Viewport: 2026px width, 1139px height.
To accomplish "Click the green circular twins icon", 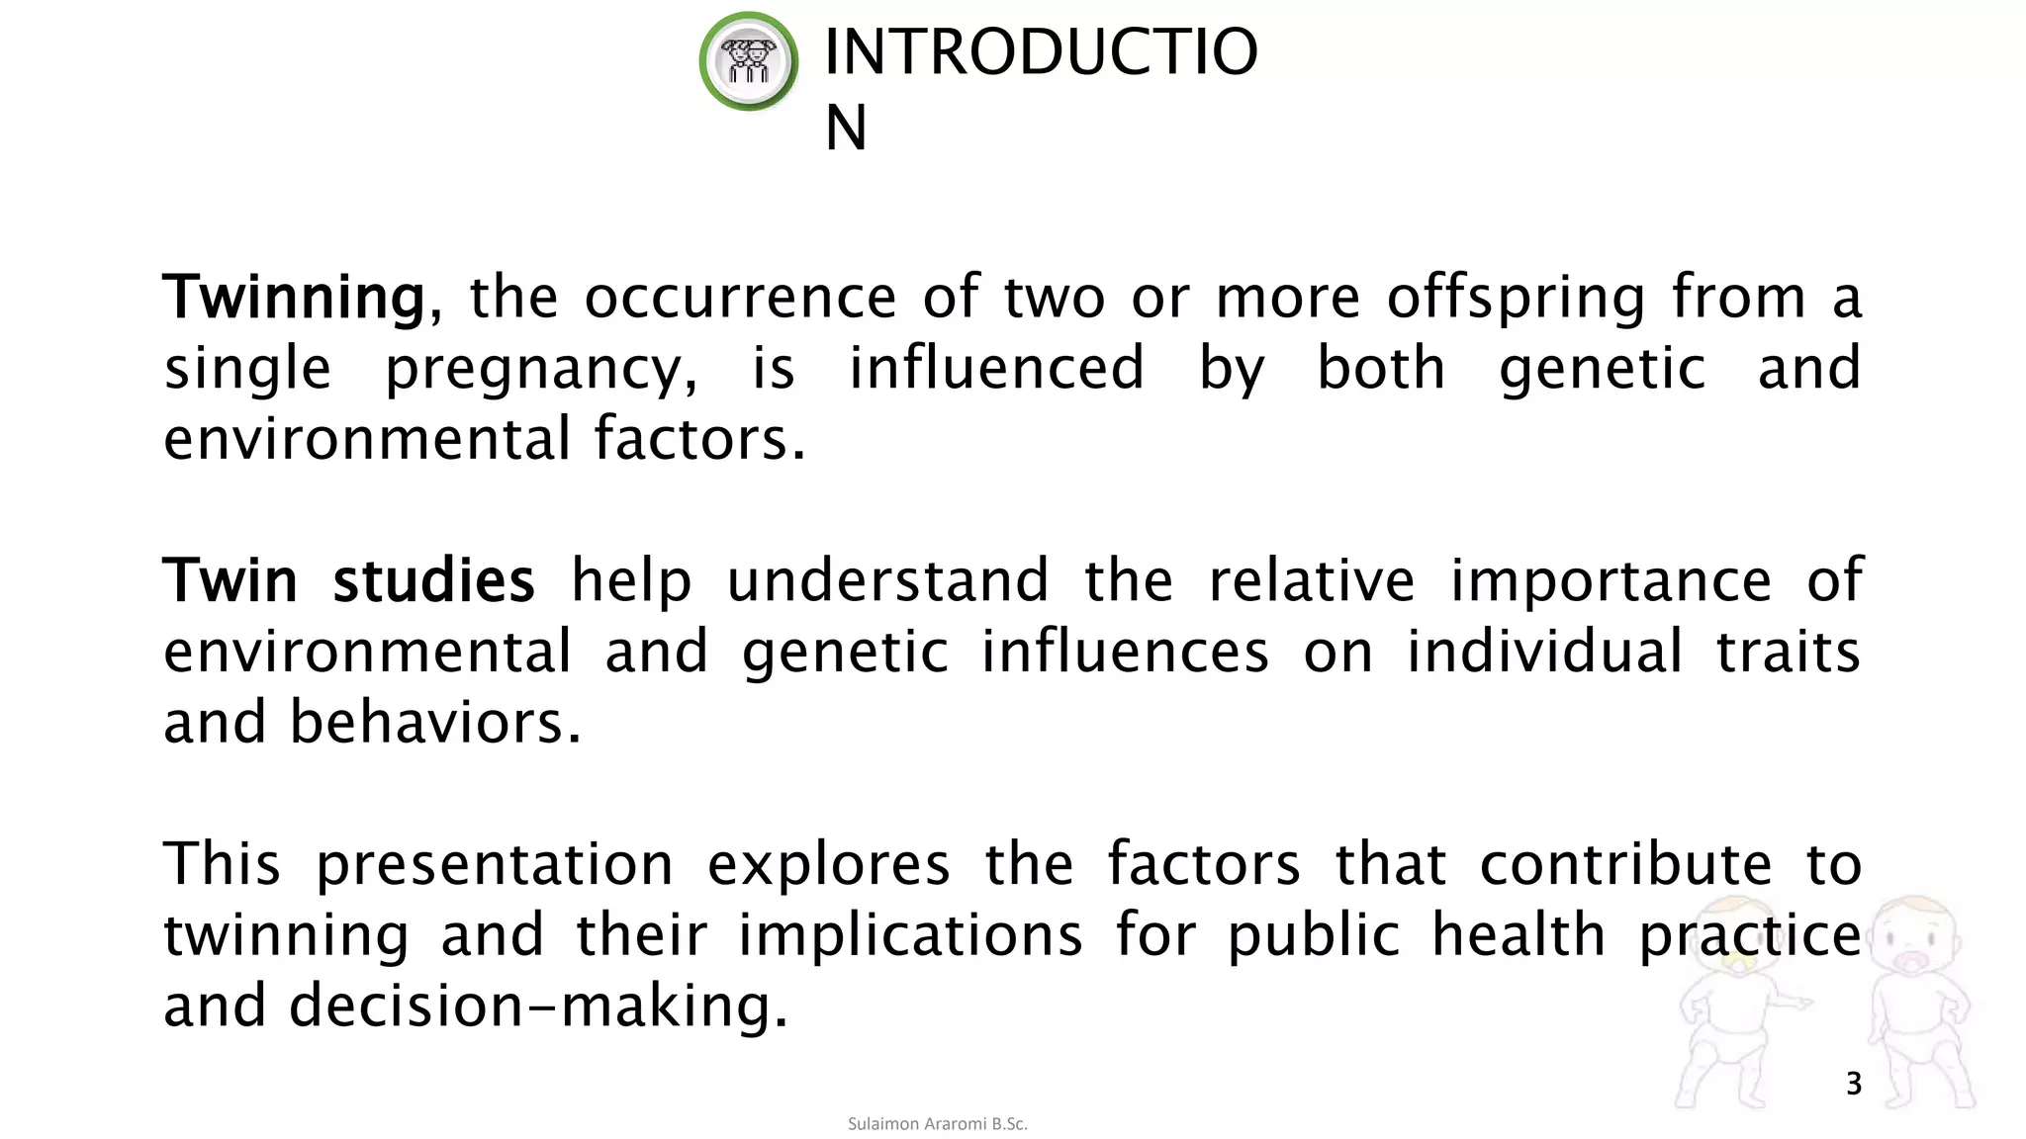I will pos(749,61).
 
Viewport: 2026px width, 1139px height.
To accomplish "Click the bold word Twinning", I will pos(294,297).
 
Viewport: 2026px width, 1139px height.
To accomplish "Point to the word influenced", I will pos(996,368).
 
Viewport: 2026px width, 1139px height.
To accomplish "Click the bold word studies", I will pos(433,580).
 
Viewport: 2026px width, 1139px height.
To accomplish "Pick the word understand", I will pos(887,580).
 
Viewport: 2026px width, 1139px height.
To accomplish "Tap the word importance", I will pos(1610,580).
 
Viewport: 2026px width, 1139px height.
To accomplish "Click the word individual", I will pos(1544,652).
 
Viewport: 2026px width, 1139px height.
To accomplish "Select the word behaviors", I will pos(434,723).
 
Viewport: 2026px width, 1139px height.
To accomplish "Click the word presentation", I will pos(494,864).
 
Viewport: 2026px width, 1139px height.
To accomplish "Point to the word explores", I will pos(828,864).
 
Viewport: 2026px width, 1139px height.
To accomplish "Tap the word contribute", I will pos(1624,864).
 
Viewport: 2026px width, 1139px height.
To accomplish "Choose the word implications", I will pos(910,935).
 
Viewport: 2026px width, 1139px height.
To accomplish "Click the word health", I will pos(1519,935).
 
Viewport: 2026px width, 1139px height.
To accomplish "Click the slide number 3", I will pos(1853,1084).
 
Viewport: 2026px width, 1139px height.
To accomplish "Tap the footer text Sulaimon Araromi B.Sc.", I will pos(937,1124).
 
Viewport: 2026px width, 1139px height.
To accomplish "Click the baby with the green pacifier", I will pos(1738,999).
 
